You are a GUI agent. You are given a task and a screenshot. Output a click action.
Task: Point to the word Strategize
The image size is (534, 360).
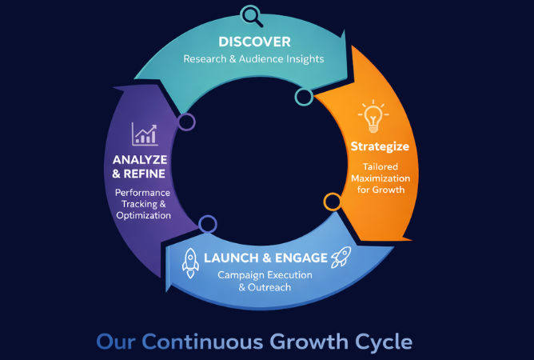tap(380, 147)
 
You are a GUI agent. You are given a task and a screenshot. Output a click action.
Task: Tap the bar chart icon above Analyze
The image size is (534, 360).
tap(144, 134)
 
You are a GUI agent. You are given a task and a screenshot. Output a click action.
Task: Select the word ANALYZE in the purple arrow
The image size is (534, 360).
tap(140, 158)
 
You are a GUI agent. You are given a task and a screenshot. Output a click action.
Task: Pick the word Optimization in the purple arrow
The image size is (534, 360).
tap(142, 215)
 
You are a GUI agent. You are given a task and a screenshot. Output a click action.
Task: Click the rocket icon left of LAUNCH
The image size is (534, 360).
tap(190, 259)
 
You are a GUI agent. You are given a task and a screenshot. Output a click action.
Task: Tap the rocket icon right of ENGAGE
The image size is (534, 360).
tap(341, 258)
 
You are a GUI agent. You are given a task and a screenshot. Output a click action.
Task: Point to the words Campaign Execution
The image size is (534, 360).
tap(265, 275)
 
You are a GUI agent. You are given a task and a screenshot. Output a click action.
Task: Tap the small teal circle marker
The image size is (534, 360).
tap(304, 97)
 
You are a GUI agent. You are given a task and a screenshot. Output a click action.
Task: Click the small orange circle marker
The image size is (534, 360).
tap(332, 201)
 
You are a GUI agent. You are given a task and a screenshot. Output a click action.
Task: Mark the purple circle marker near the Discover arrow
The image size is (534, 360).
tap(187, 122)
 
